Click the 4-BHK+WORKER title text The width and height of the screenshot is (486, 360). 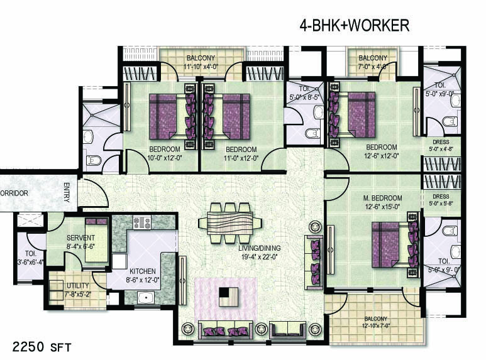[x=354, y=25]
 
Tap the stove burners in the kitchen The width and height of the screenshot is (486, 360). [x=141, y=222]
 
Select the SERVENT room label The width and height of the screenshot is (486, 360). [x=80, y=242]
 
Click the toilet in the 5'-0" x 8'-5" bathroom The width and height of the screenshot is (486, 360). [x=312, y=133]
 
